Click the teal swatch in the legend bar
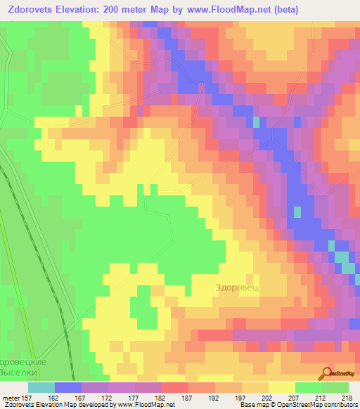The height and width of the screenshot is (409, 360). click(41, 387)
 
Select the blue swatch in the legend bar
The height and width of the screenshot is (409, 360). click(67, 387)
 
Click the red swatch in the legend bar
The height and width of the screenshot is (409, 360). click(174, 387)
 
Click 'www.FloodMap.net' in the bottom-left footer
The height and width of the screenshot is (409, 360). click(138, 405)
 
